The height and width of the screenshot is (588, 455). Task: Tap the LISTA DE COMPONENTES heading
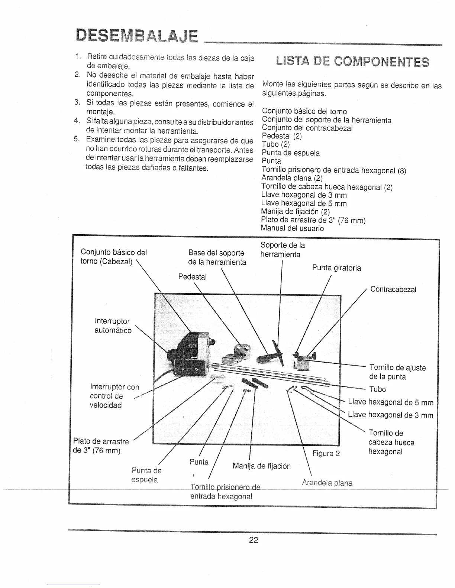pyautogui.click(x=352, y=62)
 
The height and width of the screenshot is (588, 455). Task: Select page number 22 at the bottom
pyautogui.click(x=254, y=540)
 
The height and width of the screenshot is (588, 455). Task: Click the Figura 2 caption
pyautogui.click(x=326, y=453)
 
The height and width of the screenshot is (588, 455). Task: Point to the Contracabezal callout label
pyautogui.click(x=393, y=289)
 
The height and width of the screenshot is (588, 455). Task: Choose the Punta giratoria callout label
pyautogui.click(x=336, y=268)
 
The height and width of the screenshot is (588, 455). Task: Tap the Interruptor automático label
pyautogui.click(x=113, y=326)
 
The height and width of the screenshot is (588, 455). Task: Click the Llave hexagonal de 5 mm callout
pyautogui.click(x=390, y=402)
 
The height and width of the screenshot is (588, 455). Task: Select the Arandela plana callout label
pyautogui.click(x=327, y=483)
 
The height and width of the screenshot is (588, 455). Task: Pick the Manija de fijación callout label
pyautogui.click(x=261, y=466)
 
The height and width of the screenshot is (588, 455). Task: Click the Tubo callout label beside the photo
pyautogui.click(x=377, y=389)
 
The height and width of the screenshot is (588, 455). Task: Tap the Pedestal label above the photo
pyautogui.click(x=192, y=277)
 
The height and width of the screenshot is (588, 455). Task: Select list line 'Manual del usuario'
pyautogui.click(x=292, y=228)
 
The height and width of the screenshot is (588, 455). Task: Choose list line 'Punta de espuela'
pyautogui.click(x=290, y=153)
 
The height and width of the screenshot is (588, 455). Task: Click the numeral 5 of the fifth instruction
pyautogui.click(x=77, y=140)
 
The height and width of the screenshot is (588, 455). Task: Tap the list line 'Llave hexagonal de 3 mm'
pyautogui.click(x=304, y=195)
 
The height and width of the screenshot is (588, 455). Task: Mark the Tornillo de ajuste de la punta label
pyautogui.click(x=397, y=372)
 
